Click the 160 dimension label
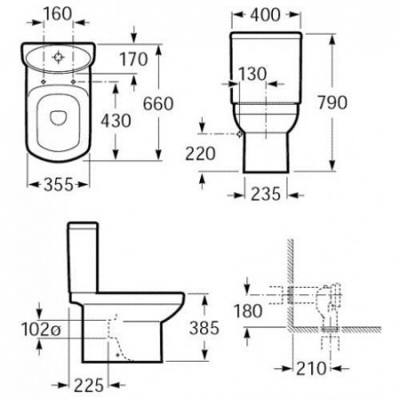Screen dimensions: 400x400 pos(58,13)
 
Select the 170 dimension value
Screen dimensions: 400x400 pos(133,59)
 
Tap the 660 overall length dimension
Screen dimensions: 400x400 pos(158,104)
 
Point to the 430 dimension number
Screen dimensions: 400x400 pos(116,121)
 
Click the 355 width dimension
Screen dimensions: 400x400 pos(59,184)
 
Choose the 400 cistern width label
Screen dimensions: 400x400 pos(265,15)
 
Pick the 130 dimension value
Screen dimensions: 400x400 pos(252,74)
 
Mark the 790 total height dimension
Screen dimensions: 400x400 pos(332,102)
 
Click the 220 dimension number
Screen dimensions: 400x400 pos(200,154)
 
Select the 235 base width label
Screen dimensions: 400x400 pos(266,194)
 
